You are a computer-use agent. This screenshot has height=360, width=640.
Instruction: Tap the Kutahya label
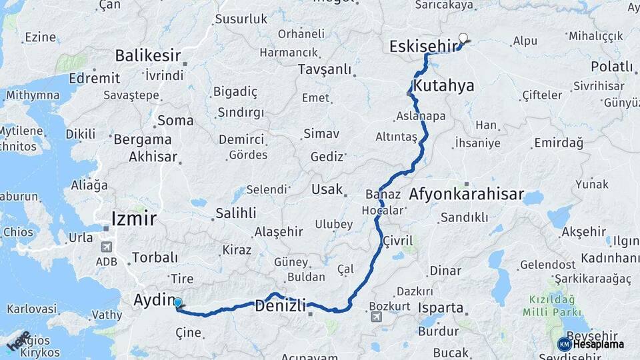tap(443, 85)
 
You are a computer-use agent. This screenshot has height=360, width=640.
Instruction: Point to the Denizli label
tap(281, 306)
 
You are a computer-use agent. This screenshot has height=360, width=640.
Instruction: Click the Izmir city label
tap(134, 218)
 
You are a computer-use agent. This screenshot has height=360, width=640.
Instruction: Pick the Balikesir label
tap(148, 55)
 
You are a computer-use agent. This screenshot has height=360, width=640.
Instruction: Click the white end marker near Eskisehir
tap(463, 39)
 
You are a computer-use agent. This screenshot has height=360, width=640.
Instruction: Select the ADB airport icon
tap(105, 247)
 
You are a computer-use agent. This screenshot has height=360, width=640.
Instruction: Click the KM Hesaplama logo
tap(591, 344)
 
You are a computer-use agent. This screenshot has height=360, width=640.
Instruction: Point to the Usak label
tap(327, 189)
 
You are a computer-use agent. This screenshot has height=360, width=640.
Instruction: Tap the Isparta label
tap(440, 308)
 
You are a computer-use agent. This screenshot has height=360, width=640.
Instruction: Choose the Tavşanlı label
tap(324, 69)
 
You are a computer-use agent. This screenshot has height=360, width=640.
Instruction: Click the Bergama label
tap(143, 139)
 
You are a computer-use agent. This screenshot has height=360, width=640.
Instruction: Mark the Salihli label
tap(235, 213)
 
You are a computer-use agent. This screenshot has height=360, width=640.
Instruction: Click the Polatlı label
tap(611, 66)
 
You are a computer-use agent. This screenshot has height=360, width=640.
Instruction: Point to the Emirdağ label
tap(559, 143)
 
